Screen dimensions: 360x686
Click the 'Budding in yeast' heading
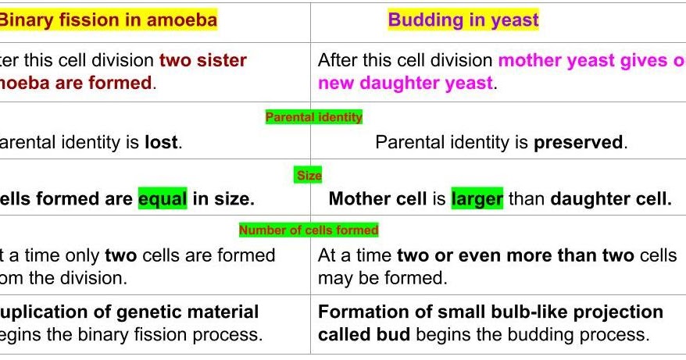(463, 20)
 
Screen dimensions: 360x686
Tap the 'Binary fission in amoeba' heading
(107, 20)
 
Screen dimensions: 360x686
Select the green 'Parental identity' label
(314, 117)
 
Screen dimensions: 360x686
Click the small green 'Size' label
(309, 176)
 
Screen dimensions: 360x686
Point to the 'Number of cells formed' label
(309, 230)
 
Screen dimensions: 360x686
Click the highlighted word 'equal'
(163, 199)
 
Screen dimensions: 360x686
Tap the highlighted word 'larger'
(477, 199)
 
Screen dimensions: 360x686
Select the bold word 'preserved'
(581, 143)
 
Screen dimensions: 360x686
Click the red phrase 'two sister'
(203, 61)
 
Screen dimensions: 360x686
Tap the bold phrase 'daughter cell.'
(610, 199)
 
